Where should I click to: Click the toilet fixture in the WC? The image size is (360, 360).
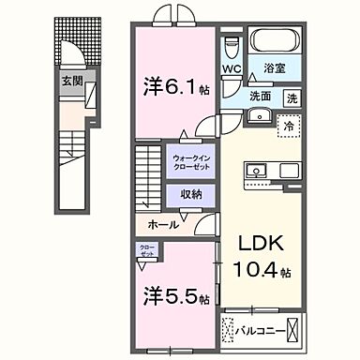232,46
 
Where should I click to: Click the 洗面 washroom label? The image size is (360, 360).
260,96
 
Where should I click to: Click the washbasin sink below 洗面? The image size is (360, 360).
258,117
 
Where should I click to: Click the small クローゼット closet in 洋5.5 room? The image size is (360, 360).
149,251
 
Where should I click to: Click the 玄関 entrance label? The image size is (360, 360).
72,82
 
